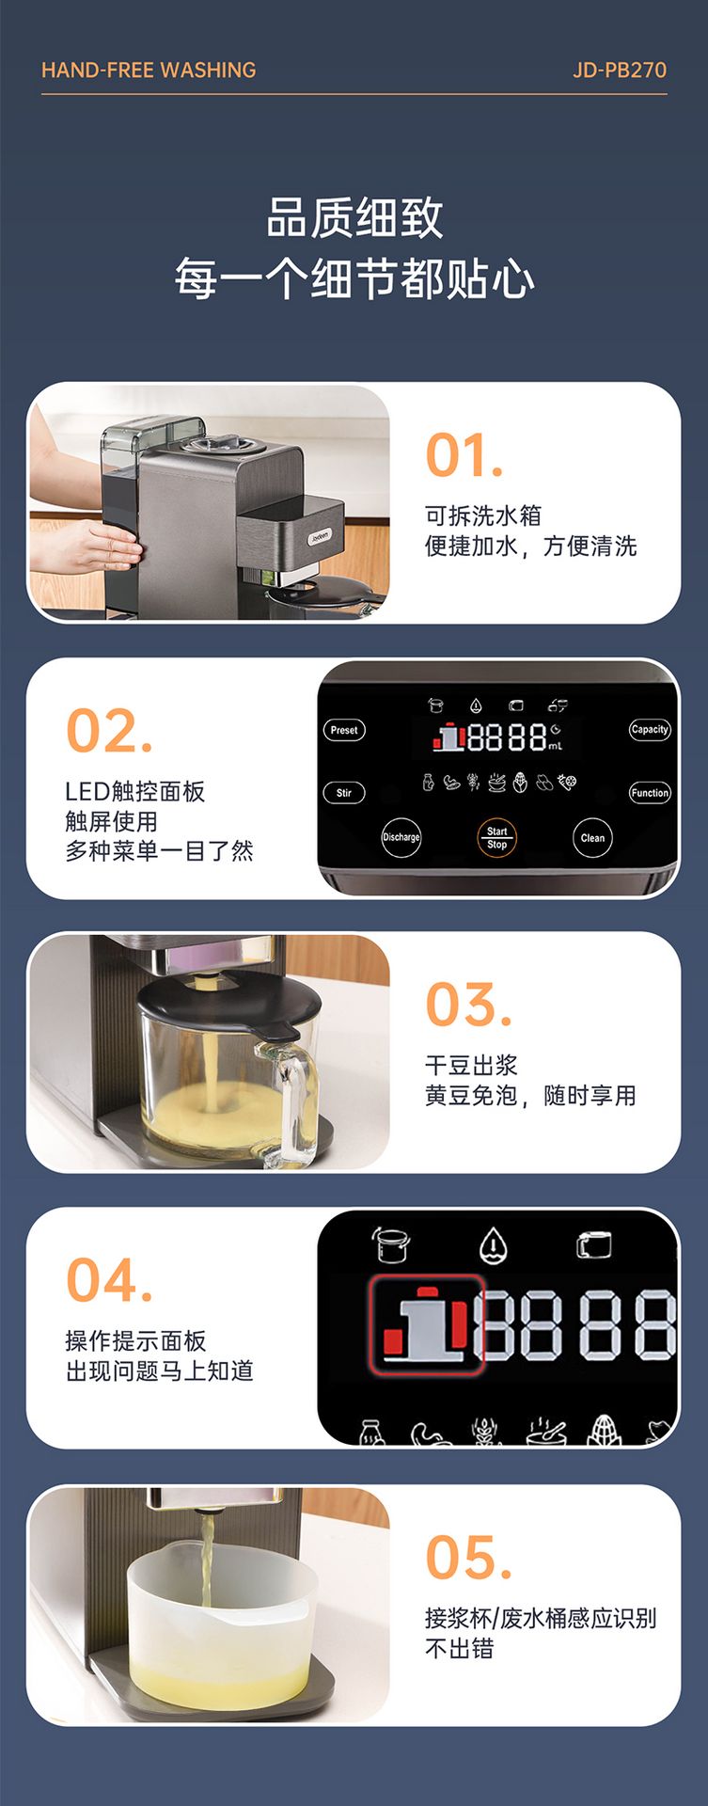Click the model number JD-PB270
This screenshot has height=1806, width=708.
tap(620, 71)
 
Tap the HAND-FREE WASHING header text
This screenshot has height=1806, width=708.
tap(149, 71)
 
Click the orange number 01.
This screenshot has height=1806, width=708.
tap(464, 456)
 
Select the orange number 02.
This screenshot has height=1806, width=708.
tap(109, 731)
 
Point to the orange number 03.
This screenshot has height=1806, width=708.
tap(468, 1006)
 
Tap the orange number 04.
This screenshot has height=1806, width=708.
tap(109, 1281)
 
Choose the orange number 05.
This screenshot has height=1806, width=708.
tap(468, 1558)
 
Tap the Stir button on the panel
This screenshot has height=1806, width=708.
tap(344, 793)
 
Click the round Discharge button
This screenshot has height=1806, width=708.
tap(401, 837)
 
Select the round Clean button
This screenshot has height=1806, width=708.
tap(592, 838)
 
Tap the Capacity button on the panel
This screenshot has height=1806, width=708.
tap(650, 730)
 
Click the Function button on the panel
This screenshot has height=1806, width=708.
tap(650, 793)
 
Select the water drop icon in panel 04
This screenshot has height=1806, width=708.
tap(493, 1246)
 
